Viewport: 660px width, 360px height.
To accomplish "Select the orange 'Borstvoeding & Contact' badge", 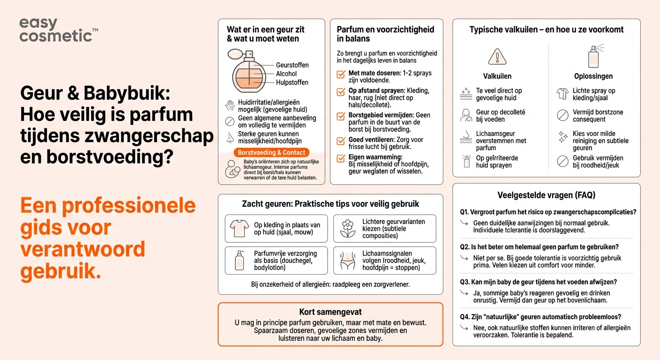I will (x=271, y=152).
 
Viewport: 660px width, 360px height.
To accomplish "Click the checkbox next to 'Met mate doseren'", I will (x=341, y=75).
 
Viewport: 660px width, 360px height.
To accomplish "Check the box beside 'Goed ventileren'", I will (x=341, y=141).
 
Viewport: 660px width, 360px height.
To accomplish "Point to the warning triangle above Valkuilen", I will (x=497, y=57).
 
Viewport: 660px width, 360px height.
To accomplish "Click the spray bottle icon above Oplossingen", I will (x=594, y=56).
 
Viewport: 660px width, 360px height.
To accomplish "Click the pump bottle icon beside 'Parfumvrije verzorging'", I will (x=239, y=260).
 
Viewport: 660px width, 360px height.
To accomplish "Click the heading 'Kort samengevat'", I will (x=330, y=312).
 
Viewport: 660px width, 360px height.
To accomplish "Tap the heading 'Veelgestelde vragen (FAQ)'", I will (x=546, y=195).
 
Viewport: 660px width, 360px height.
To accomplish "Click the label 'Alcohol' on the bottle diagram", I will (x=286, y=74).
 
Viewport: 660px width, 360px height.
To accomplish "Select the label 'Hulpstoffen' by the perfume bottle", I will (x=292, y=82).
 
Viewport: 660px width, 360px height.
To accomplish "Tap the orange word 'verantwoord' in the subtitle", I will (x=82, y=249).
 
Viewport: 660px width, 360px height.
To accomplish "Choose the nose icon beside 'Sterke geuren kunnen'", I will (x=230, y=137).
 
